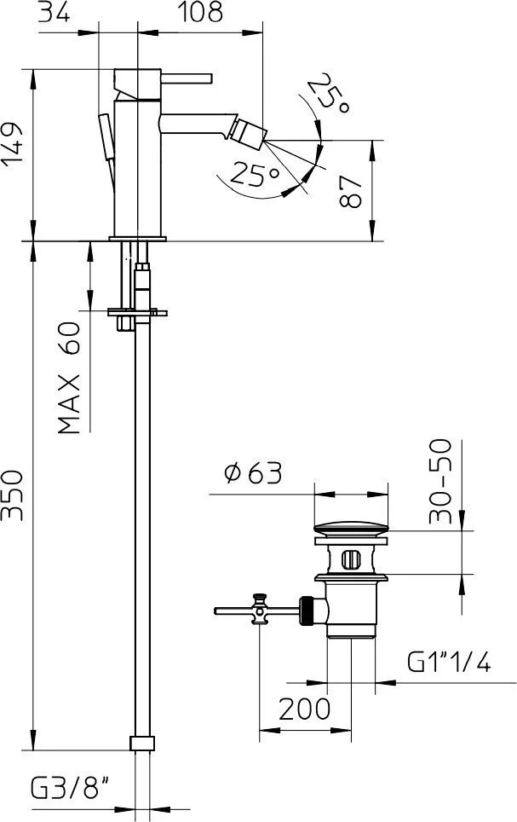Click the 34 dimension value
pos(55,12)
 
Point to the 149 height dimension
pos(13,144)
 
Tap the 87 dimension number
pos(350,191)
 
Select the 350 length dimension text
pos(13,495)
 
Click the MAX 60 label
pos(69,378)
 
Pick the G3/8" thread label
pos(70,788)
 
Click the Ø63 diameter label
pos(253,473)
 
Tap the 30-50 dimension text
pos(439,481)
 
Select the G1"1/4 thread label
pos(450,662)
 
